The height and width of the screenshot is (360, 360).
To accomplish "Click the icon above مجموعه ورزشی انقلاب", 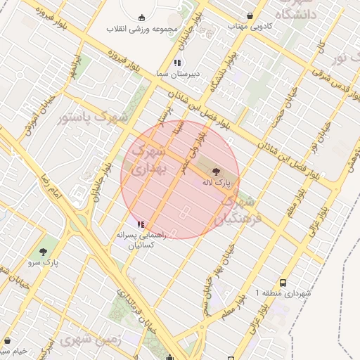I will tap(143, 18).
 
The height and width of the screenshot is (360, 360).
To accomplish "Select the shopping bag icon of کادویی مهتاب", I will tap(250, 15).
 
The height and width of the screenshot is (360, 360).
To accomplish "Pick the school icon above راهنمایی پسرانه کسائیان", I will tap(141, 224).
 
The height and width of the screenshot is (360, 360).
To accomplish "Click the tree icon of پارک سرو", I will tap(44, 251).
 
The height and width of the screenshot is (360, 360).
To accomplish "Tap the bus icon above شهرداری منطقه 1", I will tap(283, 280).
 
